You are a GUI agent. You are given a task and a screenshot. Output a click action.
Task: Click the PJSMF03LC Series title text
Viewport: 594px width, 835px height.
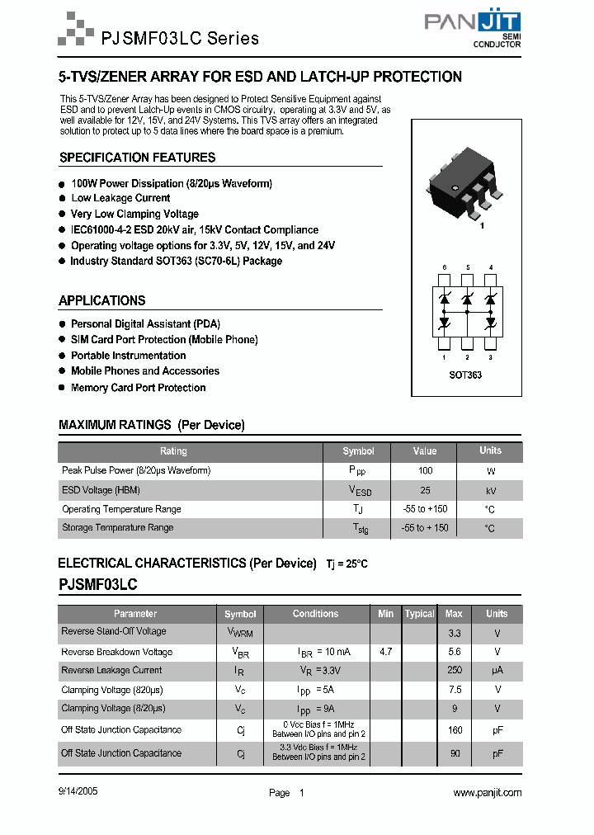coord(179,38)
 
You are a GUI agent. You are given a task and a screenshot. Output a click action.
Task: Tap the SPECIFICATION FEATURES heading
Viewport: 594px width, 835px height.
coord(137,158)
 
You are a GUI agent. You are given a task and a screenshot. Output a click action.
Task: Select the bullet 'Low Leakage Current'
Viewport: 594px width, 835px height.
coord(120,198)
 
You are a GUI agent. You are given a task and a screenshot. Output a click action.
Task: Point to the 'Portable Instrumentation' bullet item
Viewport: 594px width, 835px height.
coord(128,356)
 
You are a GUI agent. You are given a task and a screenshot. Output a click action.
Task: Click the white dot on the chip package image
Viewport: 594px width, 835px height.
coord(453,189)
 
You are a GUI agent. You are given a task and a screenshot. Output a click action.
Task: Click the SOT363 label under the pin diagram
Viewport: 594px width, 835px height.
coord(467,375)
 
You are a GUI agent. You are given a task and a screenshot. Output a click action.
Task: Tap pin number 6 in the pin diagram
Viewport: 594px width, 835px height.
coord(444,268)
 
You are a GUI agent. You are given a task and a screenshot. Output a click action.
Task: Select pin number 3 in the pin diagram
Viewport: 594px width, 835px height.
coord(490,357)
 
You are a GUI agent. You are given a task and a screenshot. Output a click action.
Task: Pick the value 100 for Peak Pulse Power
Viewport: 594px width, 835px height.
coord(425,470)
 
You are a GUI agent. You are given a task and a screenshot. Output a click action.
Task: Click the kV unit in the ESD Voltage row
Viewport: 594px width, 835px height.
coord(490,490)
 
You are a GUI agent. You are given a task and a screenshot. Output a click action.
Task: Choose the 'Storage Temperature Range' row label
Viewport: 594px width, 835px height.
coord(117,527)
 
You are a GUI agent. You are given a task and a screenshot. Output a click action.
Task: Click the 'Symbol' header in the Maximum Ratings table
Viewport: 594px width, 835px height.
coord(358,451)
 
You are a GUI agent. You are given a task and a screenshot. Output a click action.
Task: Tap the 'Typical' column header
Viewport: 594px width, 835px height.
coord(419,614)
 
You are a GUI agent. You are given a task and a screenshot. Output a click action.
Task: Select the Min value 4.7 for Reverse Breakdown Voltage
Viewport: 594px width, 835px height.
coord(385,652)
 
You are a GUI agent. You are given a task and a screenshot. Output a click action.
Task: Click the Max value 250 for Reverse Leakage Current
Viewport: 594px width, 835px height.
coord(454,671)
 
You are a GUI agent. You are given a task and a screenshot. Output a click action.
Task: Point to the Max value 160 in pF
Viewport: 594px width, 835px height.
coord(454,730)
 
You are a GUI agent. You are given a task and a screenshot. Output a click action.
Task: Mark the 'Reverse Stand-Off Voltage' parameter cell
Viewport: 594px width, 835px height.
coord(114,631)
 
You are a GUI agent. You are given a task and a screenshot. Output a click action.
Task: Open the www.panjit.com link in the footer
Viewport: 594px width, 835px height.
coord(488,792)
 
